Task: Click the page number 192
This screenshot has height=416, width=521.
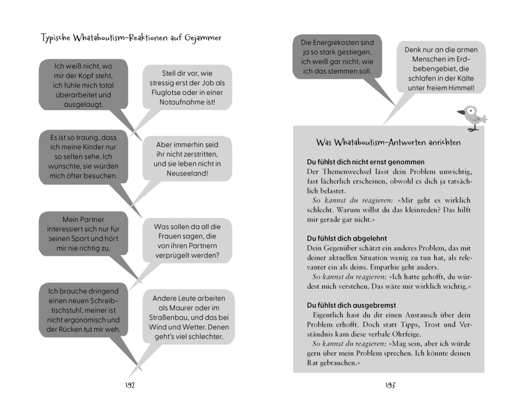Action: [130, 385]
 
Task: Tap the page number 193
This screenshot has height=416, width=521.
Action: [390, 385]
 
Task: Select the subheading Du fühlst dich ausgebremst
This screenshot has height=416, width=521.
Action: [351, 305]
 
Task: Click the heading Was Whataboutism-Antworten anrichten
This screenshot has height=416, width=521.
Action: [388, 142]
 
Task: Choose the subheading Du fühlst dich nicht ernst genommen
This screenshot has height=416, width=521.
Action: [365, 162]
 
